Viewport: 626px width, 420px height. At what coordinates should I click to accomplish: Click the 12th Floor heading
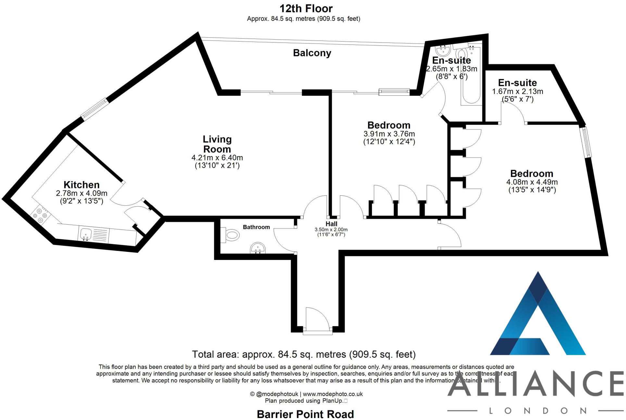click(306, 8)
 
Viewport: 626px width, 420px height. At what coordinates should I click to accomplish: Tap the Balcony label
click(312, 53)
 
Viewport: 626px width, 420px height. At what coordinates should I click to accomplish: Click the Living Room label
click(217, 144)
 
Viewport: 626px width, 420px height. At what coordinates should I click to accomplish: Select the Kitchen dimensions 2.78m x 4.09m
click(81, 193)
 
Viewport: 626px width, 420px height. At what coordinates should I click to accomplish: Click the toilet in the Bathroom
click(230, 235)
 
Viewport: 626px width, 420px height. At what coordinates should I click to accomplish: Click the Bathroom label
click(256, 227)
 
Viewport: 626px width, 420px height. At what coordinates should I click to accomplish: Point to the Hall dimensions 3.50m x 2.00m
click(331, 229)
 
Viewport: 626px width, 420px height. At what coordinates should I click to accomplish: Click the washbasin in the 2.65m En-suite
click(442, 51)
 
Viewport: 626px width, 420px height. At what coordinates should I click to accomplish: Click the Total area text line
click(304, 354)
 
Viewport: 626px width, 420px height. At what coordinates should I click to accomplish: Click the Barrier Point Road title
click(305, 414)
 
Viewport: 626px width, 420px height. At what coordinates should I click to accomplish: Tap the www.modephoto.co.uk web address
click(333, 394)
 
